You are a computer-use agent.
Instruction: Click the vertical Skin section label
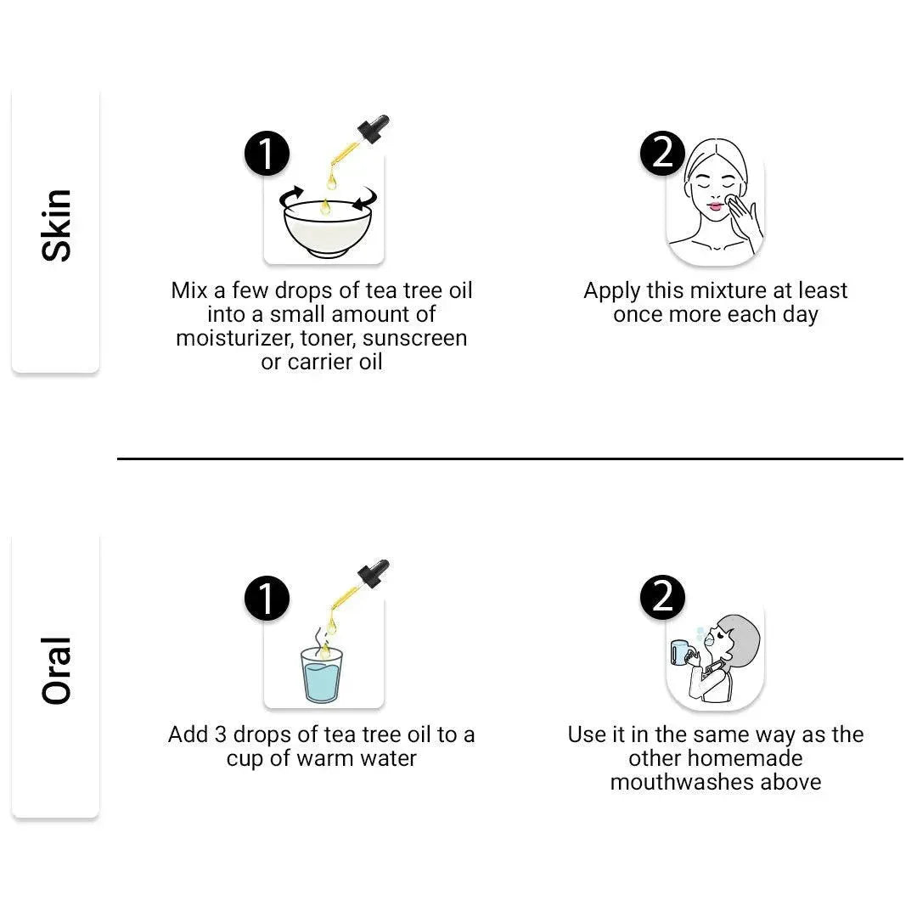click(x=56, y=225)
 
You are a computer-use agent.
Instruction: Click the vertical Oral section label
click(x=56, y=670)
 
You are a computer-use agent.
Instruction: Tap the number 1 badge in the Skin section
click(x=267, y=154)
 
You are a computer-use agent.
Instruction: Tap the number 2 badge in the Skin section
click(x=662, y=153)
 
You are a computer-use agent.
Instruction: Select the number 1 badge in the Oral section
click(x=267, y=599)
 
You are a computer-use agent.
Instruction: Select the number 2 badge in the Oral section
click(x=662, y=598)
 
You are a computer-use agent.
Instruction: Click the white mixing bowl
click(x=327, y=228)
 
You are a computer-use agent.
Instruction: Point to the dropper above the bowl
click(x=358, y=140)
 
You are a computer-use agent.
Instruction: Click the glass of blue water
click(x=321, y=676)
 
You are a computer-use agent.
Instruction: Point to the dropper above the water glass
click(x=358, y=585)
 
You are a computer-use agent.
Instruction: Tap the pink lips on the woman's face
click(x=715, y=206)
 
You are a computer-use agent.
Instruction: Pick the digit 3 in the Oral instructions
click(x=220, y=734)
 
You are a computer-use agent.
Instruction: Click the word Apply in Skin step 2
click(x=611, y=291)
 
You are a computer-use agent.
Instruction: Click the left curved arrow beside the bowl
click(x=290, y=196)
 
